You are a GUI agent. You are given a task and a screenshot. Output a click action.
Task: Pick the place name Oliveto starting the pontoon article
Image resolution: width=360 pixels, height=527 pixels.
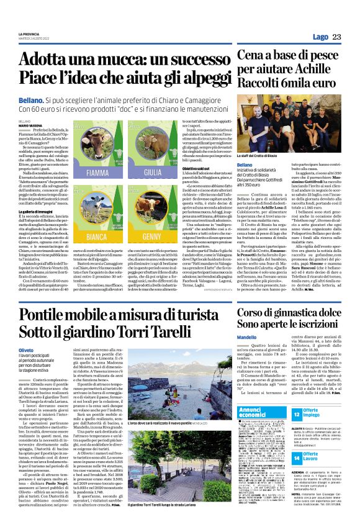pos(25,351)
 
